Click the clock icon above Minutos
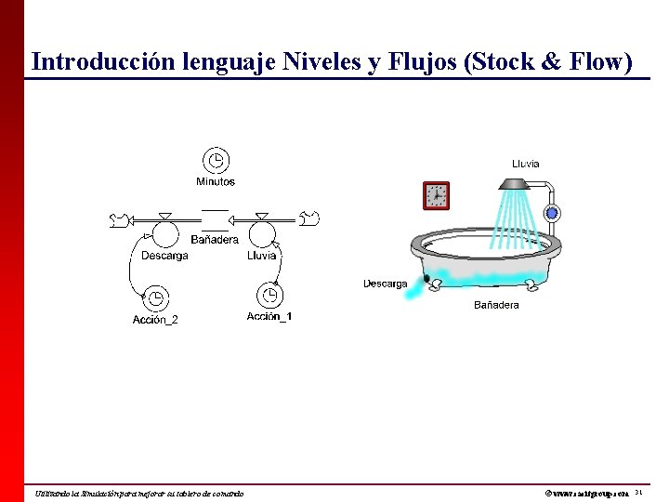point(216,160)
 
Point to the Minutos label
point(216,181)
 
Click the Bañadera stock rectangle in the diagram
point(215,219)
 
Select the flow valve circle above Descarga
point(164,230)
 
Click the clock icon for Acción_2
point(155,297)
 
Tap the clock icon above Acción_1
point(269,295)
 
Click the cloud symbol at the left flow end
point(118,220)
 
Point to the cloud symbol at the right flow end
point(310,219)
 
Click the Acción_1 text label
point(269,317)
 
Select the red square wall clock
point(436,196)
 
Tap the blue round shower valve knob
point(552,213)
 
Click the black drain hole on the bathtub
point(426,277)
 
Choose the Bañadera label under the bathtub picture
point(496,305)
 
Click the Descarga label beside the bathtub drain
point(385,284)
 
